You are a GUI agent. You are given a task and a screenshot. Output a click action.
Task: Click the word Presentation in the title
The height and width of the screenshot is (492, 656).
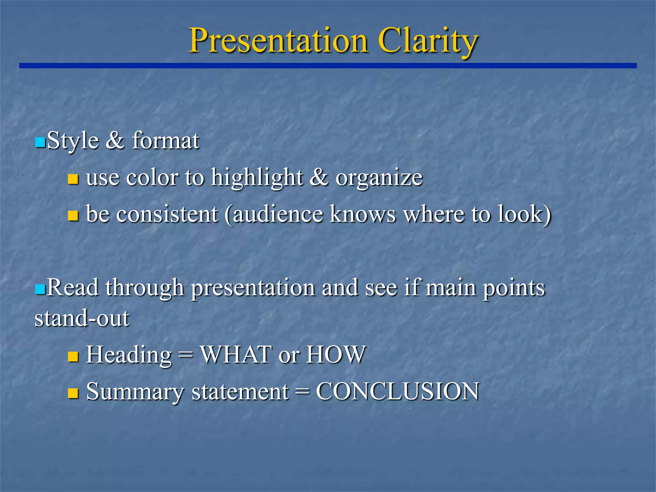278,41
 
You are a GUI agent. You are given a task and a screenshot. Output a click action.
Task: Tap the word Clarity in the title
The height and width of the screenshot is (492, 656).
428,41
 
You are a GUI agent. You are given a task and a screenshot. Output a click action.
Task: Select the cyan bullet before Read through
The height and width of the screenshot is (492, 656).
40,289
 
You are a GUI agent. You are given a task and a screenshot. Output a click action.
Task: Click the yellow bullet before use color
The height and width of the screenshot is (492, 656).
73,179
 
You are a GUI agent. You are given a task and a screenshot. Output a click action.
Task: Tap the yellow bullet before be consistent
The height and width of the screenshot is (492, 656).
73,216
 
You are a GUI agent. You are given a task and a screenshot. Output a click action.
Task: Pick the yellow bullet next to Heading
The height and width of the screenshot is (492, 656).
73,357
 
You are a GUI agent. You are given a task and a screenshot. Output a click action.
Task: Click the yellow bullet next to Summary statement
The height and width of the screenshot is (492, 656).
73,393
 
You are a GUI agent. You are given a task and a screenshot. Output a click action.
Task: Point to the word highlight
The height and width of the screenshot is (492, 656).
257,178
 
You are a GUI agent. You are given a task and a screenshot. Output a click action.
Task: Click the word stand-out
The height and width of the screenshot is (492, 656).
82,318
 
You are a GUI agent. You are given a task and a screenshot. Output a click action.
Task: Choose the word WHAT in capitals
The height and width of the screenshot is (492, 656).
236,355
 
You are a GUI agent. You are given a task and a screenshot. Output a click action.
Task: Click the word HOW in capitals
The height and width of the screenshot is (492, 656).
336,355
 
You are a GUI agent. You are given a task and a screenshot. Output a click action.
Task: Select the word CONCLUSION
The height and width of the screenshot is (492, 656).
397,391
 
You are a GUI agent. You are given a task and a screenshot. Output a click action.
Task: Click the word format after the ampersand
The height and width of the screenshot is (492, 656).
166,141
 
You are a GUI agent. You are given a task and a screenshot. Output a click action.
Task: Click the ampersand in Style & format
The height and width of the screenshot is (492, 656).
115,141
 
